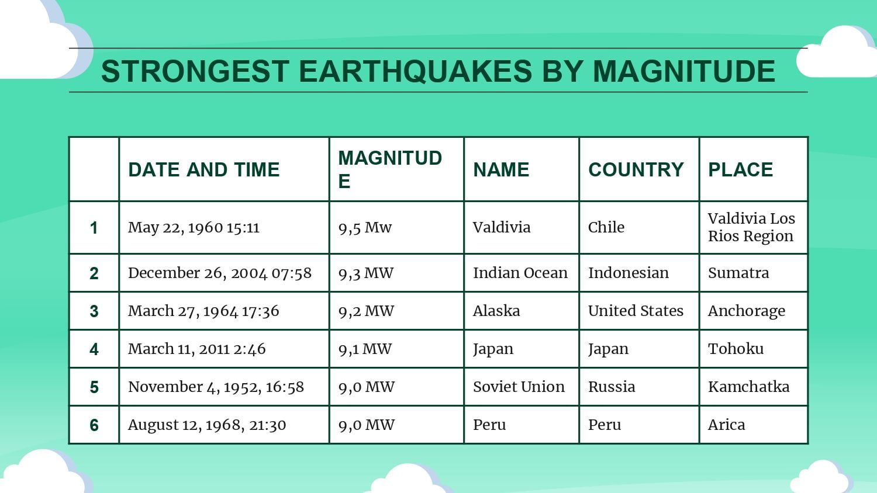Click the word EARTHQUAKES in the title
(415, 71)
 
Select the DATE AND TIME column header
(203, 170)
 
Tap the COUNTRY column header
(636, 170)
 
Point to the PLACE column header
(740, 170)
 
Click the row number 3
(94, 311)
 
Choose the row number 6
(94, 425)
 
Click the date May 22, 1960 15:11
(194, 227)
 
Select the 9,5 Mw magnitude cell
(365, 227)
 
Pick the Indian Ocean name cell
(520, 273)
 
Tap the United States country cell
(636, 311)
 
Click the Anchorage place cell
(746, 311)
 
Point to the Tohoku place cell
(736, 349)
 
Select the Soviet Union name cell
(519, 387)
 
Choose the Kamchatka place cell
(748, 387)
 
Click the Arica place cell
(726, 425)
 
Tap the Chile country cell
(606, 227)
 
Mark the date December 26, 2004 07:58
(220, 273)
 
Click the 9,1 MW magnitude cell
(365, 349)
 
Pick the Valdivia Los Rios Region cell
(751, 227)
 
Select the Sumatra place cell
(738, 273)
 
